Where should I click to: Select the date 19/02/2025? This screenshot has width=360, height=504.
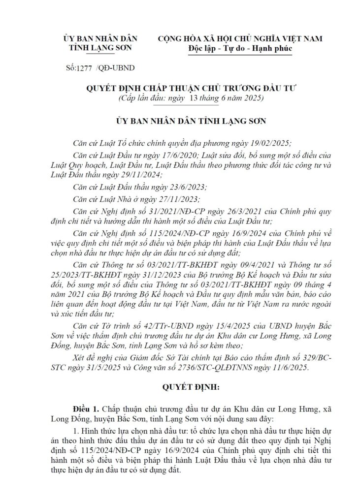[270, 143]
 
